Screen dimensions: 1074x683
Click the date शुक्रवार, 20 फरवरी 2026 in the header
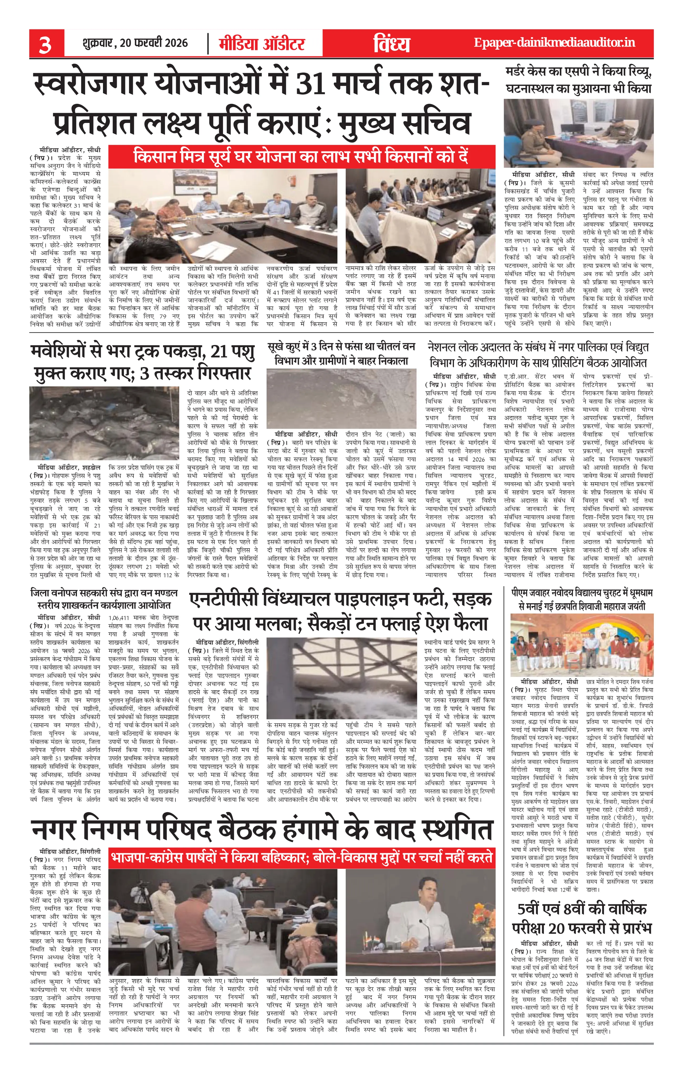pyautogui.click(x=135, y=43)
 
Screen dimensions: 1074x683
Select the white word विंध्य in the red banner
pyautogui.click(x=391, y=44)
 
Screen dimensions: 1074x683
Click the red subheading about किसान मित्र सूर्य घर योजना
pyautogui.click(x=301, y=157)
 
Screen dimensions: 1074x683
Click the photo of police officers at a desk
pyautogui.click(x=578, y=133)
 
